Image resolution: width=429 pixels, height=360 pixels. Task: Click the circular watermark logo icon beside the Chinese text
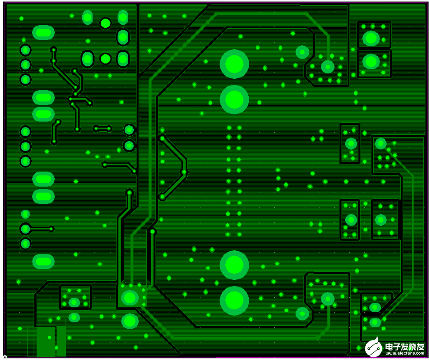coord(373,347)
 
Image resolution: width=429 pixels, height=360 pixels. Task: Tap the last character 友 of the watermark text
coord(421,347)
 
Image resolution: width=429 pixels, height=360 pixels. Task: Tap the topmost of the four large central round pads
coord(234,64)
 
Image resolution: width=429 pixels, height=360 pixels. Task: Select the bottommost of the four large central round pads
coord(234,301)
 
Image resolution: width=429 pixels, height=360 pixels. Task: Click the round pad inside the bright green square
coord(130,298)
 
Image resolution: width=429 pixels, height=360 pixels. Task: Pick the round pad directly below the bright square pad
coord(130,321)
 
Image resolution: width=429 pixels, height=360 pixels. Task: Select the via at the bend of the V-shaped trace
coord(184,172)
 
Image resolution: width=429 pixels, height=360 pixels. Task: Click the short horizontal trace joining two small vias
coord(103,129)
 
